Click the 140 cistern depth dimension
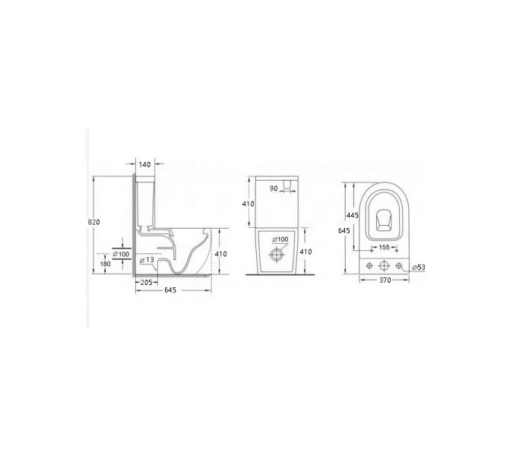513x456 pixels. click(x=144, y=164)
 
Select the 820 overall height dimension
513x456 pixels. click(x=93, y=222)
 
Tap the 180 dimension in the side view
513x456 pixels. click(x=105, y=264)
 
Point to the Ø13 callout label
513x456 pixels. click(x=147, y=260)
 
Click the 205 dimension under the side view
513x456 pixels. click(x=146, y=282)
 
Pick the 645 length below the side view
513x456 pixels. click(x=170, y=290)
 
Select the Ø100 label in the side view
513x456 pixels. click(x=121, y=254)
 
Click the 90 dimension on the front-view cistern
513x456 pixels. click(x=274, y=188)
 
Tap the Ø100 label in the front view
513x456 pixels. click(x=280, y=239)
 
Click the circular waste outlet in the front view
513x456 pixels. click(x=277, y=255)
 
